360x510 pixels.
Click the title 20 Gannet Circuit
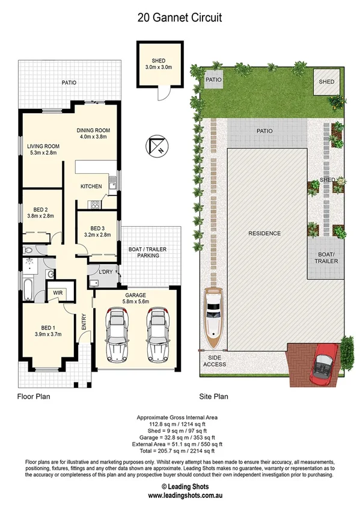tap(180, 18)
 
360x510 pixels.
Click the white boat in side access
tap(215, 317)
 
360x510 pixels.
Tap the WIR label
tap(58, 293)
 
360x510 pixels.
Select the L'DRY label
tap(105, 272)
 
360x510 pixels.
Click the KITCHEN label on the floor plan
tap(91, 186)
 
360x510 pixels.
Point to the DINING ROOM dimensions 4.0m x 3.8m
tap(93, 137)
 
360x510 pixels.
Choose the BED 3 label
tap(97, 228)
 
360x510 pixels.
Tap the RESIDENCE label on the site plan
tap(265, 233)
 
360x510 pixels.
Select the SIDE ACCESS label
tap(214, 361)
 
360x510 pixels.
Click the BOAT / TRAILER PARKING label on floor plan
tap(144, 251)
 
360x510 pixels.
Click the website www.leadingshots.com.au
tap(180, 496)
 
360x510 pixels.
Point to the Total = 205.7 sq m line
tap(180, 450)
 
